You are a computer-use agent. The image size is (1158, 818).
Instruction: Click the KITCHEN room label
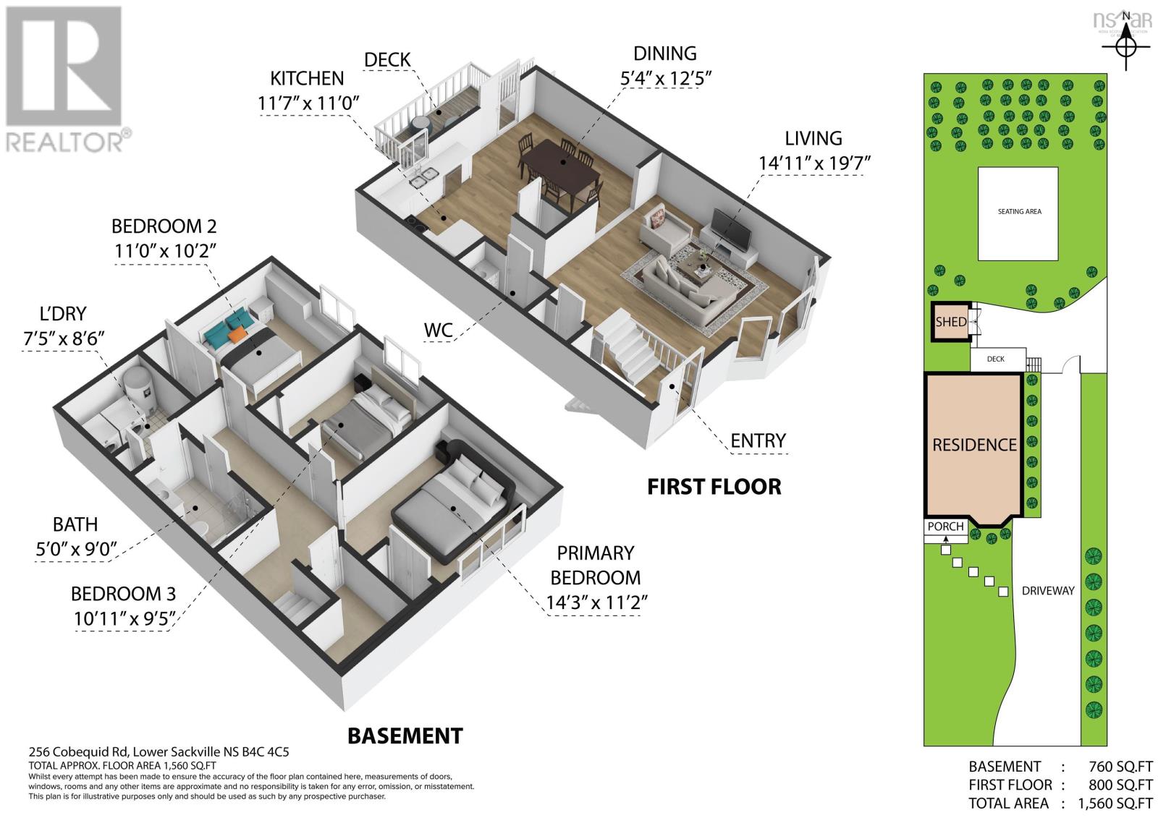307,79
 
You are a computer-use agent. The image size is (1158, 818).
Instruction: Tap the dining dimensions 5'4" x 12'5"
666,78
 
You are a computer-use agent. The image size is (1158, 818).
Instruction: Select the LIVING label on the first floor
813,138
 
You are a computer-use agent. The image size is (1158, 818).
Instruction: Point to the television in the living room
731,229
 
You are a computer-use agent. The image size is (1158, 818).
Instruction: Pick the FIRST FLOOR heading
714,487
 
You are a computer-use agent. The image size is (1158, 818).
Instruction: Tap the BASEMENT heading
405,736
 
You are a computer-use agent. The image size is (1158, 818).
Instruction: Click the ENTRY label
758,440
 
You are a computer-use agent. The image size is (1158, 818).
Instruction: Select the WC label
438,331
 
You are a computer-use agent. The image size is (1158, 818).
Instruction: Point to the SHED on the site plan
951,322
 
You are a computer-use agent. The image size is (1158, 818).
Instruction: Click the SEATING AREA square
1018,214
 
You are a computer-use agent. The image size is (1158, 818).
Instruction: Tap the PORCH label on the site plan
945,527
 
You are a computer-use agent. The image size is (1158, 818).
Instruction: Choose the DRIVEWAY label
1048,591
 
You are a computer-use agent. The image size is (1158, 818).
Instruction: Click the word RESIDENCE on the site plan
974,445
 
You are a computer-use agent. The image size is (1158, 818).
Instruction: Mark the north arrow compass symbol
1125,48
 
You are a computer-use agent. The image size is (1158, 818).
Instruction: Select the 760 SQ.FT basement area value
1121,767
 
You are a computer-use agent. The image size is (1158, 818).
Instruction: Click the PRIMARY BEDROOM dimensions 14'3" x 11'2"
597,602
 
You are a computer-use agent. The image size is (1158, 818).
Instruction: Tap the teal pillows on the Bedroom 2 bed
229,323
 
